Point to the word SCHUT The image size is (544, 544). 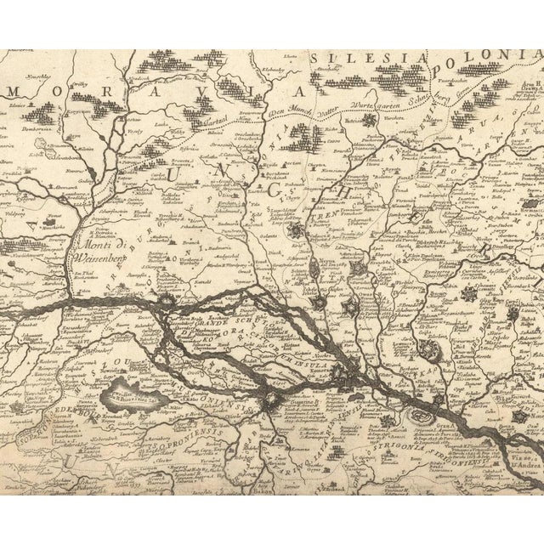pyautogui.click(x=263, y=328)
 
